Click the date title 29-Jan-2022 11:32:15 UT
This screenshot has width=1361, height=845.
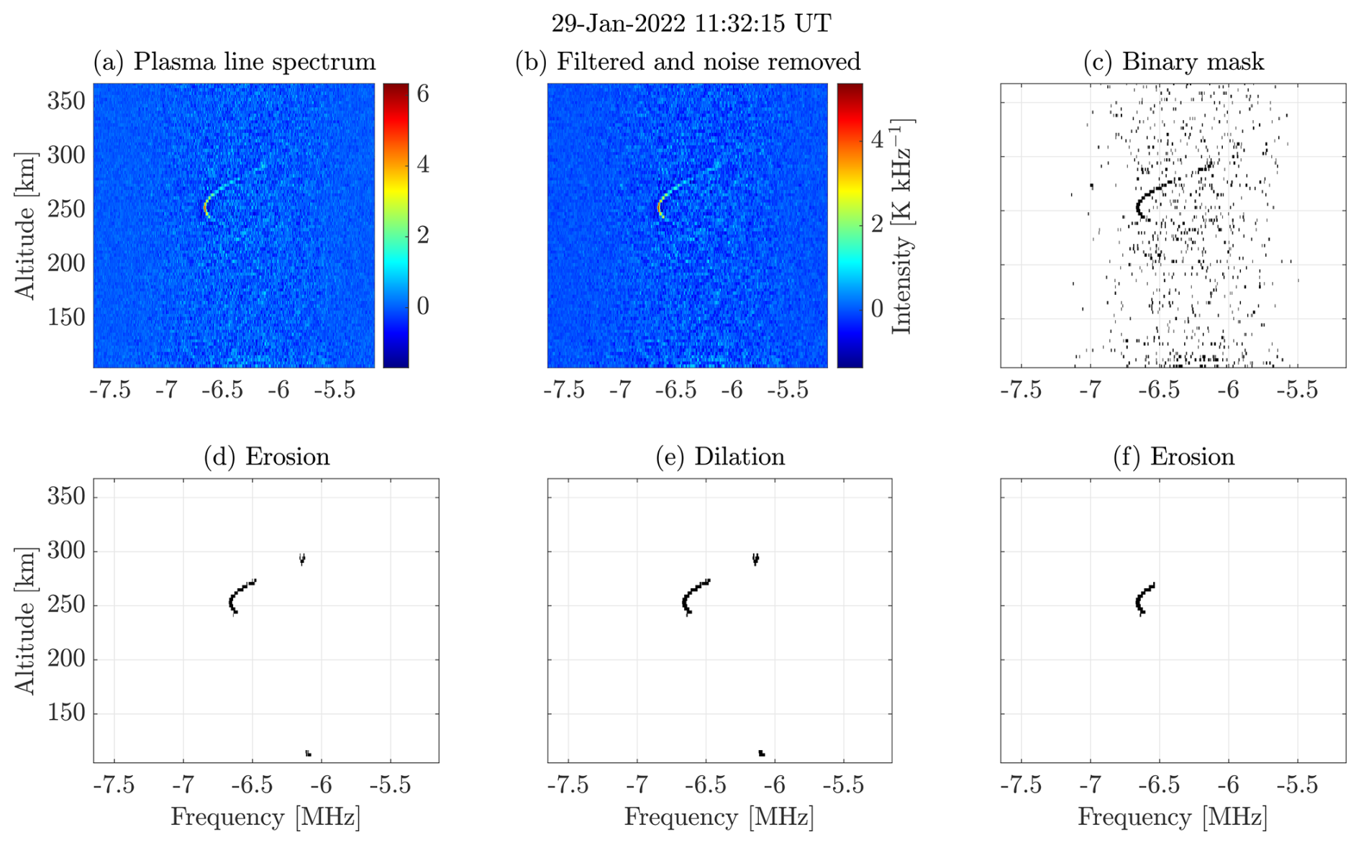tap(691, 23)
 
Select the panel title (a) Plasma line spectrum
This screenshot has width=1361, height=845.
tap(235, 62)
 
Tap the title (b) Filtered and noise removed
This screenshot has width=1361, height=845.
tap(688, 62)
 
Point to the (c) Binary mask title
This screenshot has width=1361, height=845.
tap(1173, 62)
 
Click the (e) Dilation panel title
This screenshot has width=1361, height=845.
tap(720, 457)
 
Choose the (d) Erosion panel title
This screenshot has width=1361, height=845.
tap(267, 457)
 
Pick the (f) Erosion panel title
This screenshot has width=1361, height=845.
tap(1173, 457)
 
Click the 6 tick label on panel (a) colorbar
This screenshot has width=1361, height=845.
tap(423, 93)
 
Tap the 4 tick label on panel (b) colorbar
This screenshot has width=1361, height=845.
tap(877, 139)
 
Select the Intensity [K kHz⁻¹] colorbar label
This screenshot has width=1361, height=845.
tap(902, 226)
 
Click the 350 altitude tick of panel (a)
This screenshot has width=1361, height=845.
tap(66, 101)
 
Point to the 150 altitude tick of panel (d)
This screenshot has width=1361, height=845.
tap(66, 713)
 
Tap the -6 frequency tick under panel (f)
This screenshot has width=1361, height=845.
tap(1229, 785)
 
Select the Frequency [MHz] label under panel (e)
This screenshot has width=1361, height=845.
tap(719, 818)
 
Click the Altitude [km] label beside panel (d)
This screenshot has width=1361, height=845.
tap(25, 621)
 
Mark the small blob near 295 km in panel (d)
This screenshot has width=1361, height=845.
tap(302, 559)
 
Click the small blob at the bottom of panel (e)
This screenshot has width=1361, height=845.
tap(761, 753)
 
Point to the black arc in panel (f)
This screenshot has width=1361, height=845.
tap(1143, 599)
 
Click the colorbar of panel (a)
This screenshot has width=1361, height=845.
tap(396, 225)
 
